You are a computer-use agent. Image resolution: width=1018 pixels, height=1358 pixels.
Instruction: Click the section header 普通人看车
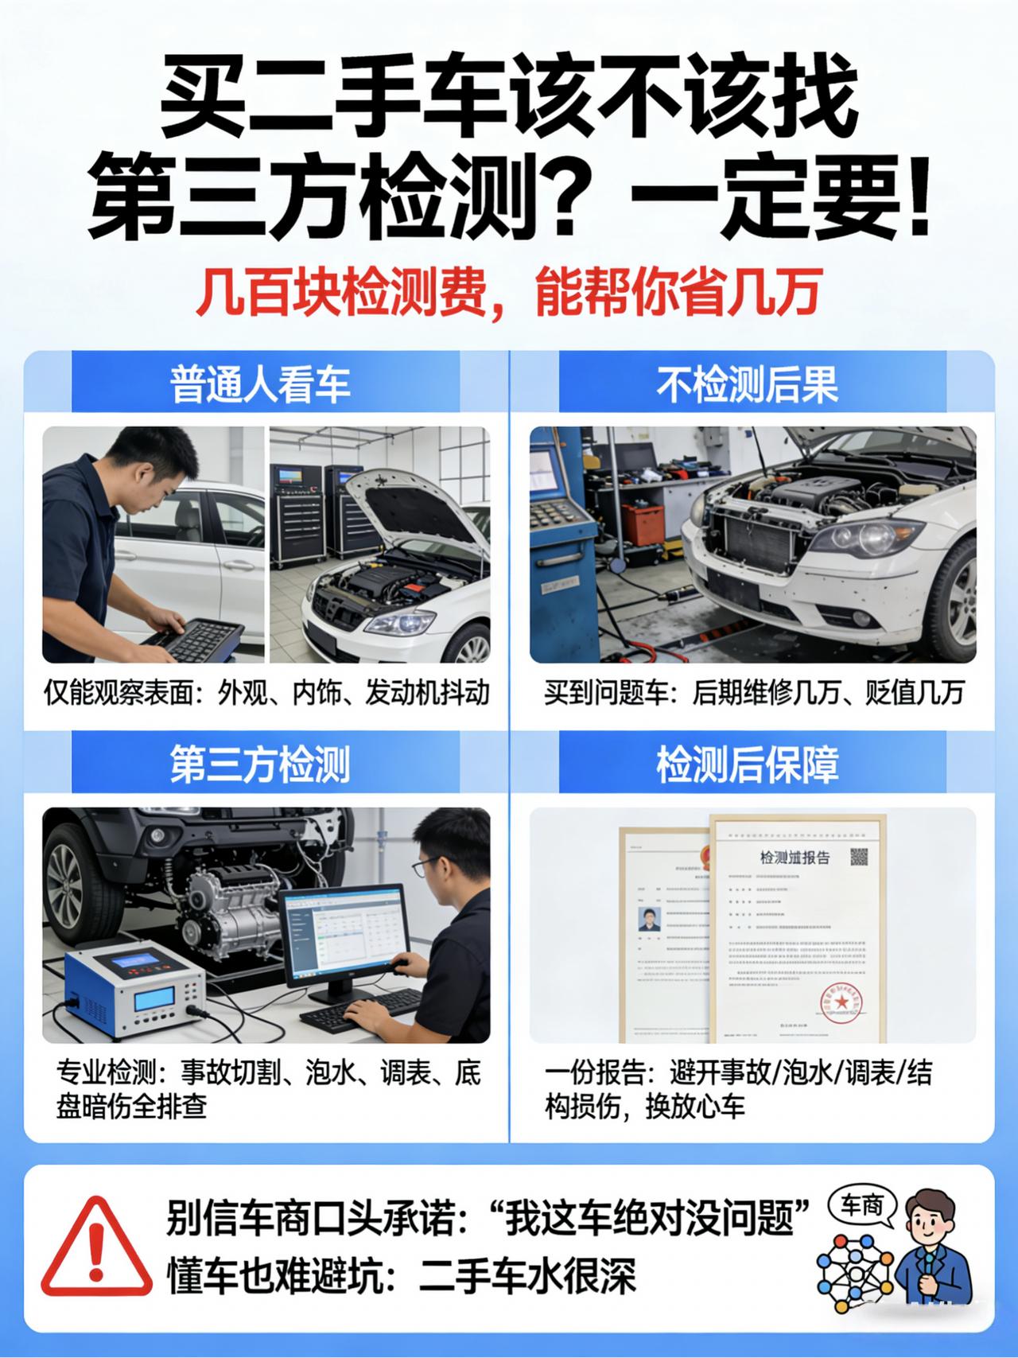click(260, 384)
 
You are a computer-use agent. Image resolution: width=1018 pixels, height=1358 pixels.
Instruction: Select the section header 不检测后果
click(748, 384)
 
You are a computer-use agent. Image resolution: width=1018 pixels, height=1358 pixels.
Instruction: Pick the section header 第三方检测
click(260, 765)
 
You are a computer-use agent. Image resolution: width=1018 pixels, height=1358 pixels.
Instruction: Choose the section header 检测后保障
click(748, 765)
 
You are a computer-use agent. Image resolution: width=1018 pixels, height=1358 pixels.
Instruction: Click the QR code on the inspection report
click(859, 857)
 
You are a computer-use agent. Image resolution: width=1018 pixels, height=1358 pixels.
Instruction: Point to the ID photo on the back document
click(650, 919)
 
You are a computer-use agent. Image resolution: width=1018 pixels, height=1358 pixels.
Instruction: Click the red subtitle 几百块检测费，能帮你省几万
click(508, 292)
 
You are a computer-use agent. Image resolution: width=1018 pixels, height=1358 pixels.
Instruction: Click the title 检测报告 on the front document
click(795, 858)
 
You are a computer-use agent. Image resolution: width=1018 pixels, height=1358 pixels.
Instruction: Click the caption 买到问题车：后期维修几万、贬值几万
click(754, 693)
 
